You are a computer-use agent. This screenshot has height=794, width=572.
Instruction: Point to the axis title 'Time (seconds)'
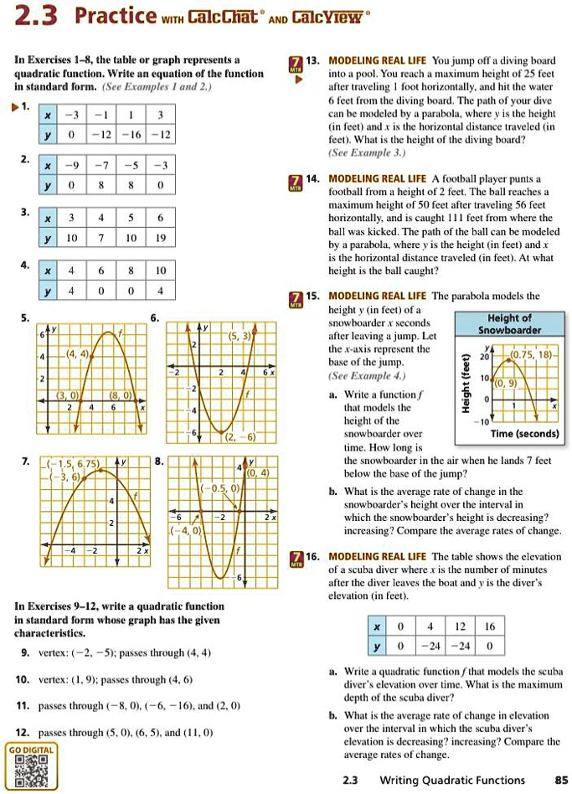click(524, 433)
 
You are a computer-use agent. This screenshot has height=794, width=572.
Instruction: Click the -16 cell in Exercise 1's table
click(134, 134)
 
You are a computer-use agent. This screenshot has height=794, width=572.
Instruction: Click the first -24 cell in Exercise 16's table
click(430, 646)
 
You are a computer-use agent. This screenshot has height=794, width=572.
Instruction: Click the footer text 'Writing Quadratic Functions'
click(452, 780)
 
